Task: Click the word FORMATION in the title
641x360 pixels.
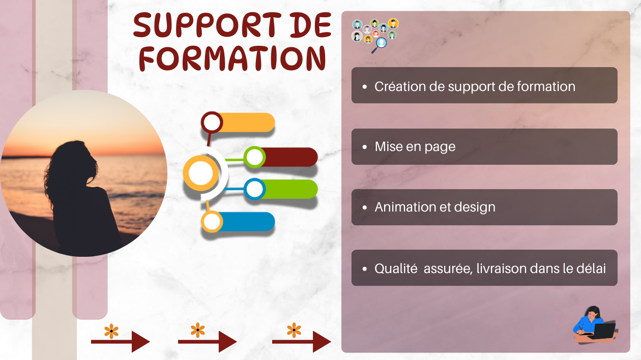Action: [x=232, y=58]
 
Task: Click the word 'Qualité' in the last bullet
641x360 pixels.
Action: [x=396, y=268]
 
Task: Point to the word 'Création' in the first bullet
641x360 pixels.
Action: [x=400, y=86]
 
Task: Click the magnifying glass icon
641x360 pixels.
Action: [x=380, y=45]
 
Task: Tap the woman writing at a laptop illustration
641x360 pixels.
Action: [x=595, y=324]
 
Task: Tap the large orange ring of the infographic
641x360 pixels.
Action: [x=186, y=173]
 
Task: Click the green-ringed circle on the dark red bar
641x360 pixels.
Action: [x=255, y=157]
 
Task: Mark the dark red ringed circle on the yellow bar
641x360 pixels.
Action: [x=212, y=123]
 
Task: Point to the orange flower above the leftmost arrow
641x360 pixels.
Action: [x=111, y=331]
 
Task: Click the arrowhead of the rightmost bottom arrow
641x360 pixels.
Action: [x=322, y=342]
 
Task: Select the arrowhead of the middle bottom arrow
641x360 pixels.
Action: [x=227, y=342]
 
